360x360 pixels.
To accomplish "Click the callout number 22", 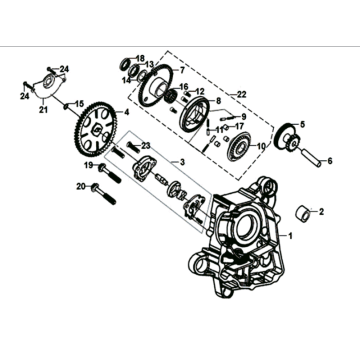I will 239,94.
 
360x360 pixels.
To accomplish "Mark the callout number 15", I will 78,104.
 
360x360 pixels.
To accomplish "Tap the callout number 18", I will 141,58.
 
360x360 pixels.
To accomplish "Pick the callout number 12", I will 202,93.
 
